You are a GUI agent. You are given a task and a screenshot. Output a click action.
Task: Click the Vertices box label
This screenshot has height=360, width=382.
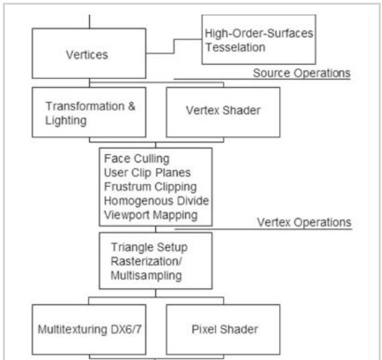pyautogui.click(x=87, y=55)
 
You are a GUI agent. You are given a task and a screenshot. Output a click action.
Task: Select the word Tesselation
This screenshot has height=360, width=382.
pyautogui.click(x=236, y=47)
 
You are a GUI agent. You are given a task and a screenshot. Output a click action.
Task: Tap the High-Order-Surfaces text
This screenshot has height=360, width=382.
pyautogui.click(x=259, y=33)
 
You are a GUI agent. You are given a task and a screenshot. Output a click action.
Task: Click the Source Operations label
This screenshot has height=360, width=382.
pyautogui.click(x=302, y=73)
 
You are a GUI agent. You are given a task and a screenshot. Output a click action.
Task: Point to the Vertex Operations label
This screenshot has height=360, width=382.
pyautogui.click(x=304, y=222)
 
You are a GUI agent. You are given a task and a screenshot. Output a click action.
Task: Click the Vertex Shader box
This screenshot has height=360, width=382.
pyautogui.click(x=223, y=112)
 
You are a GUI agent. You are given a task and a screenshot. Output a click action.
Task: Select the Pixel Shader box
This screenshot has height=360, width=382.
pyautogui.click(x=223, y=330)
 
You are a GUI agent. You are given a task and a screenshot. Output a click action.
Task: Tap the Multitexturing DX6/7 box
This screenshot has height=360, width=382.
pyautogui.click(x=89, y=330)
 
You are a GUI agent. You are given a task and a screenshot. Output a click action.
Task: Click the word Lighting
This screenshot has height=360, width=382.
pyautogui.click(x=66, y=121)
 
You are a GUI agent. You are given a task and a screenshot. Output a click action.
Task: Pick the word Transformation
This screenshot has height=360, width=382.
pyautogui.click(x=85, y=106)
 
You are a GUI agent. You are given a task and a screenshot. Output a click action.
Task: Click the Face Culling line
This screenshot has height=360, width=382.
pyautogui.click(x=137, y=159)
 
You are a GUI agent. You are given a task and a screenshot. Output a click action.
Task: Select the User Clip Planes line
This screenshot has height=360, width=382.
pyautogui.click(x=147, y=173)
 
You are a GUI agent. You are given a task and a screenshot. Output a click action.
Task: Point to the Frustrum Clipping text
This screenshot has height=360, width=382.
pyautogui.click(x=151, y=187)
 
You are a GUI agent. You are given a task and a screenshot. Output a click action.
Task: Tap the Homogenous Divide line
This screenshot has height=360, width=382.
pyautogui.click(x=156, y=201)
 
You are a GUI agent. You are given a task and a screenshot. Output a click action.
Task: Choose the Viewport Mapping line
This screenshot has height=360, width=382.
pyautogui.click(x=151, y=215)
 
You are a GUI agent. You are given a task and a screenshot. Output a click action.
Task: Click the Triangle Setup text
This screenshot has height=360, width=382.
pyautogui.click(x=149, y=247)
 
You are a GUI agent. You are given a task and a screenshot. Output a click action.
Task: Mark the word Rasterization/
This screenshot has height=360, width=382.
pyautogui.click(x=146, y=261)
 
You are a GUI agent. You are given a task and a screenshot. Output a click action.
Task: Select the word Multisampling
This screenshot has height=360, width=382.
pyautogui.click(x=146, y=276)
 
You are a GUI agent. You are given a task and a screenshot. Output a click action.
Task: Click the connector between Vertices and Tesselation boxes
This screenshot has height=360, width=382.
pyautogui.click(x=173, y=46)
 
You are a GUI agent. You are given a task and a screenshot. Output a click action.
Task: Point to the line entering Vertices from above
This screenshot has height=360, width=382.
pyautogui.click(x=89, y=21)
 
